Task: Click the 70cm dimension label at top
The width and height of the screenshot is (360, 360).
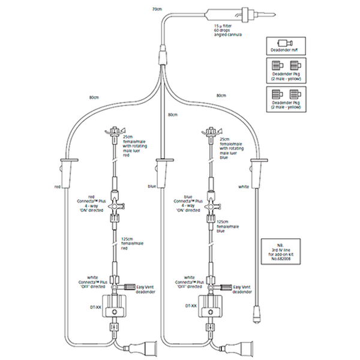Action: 157,10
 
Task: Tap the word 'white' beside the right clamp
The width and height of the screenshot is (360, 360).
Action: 243,187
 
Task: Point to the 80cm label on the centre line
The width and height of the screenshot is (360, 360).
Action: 173,114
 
